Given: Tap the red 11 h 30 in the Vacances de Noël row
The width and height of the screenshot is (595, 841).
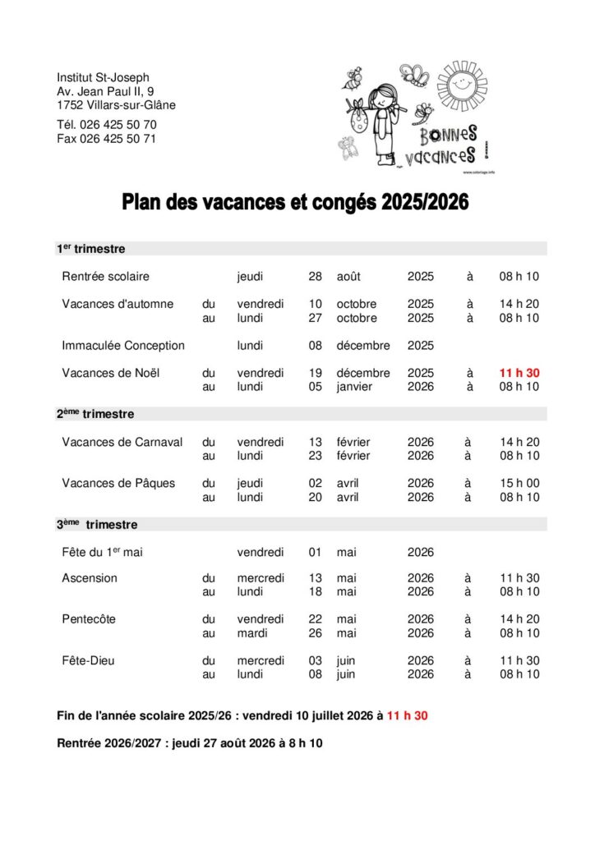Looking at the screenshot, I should pos(519,373).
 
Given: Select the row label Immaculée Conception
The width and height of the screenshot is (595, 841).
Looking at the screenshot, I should pos(123,346).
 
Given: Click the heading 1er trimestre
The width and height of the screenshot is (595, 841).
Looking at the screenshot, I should pos(90,249).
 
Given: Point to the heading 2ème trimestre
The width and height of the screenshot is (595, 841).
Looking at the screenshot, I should pos(95,414).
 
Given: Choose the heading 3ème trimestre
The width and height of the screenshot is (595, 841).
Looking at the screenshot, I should pos(97,524).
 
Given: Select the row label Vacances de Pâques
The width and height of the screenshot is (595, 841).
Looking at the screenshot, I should pos(118,483).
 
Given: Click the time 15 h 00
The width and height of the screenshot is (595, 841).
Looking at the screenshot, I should pos(519,483).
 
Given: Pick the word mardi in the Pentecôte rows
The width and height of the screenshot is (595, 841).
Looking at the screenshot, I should pos(254,633).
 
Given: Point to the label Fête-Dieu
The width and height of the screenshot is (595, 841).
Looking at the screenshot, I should pos(90,660).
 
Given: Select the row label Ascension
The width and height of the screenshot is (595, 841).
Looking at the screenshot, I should pos(90,578).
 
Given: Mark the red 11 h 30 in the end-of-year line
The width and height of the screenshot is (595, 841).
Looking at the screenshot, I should pos(408,716).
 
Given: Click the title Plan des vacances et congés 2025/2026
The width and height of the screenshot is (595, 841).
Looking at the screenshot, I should pos(296,202).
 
